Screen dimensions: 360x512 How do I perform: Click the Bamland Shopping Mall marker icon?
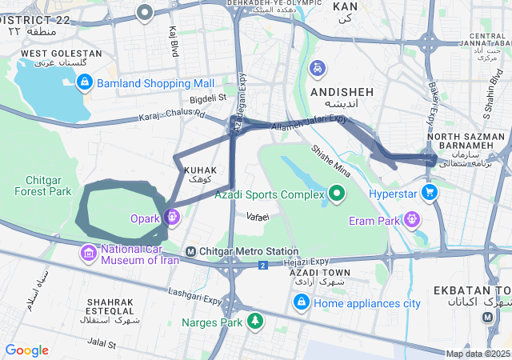pyautogui.click(x=85, y=82)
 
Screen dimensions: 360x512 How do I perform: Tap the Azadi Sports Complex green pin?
pyautogui.click(x=337, y=193)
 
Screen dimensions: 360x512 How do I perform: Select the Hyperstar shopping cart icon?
pyautogui.click(x=430, y=192)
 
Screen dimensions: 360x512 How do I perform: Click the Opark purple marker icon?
pyautogui.click(x=172, y=216)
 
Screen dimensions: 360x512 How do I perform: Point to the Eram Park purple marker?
pyautogui.click(x=412, y=218)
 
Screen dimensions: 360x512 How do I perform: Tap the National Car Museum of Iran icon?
pyautogui.click(x=88, y=254)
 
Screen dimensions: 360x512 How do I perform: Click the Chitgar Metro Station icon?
pyautogui.click(x=190, y=252)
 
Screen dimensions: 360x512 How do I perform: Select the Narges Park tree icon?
pyautogui.click(x=254, y=322)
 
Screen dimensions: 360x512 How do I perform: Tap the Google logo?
pyautogui.click(x=26, y=350)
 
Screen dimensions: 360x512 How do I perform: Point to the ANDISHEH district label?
pyautogui.click(x=342, y=92)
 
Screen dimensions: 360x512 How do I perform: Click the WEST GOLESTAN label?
pyautogui.click(x=61, y=53)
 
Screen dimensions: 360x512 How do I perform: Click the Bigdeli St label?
pyautogui.click(x=209, y=98)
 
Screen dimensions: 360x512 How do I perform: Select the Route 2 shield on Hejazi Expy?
pyautogui.click(x=262, y=265)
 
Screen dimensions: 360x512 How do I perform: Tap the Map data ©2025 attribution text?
pyautogui.click(x=478, y=354)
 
